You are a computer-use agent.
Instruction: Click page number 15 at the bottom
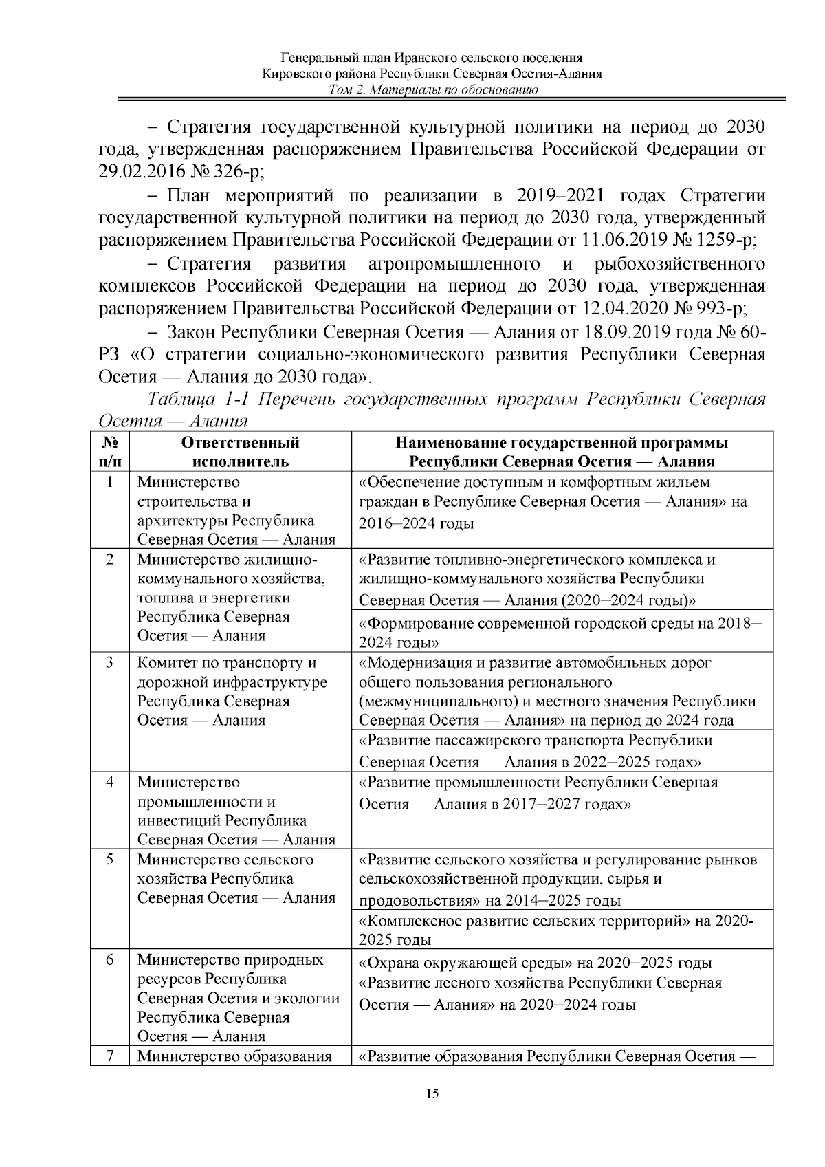432,1095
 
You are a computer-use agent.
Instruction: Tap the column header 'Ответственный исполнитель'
240,452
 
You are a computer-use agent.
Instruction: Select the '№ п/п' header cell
110,452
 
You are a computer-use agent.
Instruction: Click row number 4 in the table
110,783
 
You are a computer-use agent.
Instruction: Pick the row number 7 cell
110,1056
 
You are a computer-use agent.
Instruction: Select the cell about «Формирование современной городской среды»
560,633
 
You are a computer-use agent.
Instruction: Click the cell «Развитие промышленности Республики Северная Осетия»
538,793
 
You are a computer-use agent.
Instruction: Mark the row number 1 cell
110,482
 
